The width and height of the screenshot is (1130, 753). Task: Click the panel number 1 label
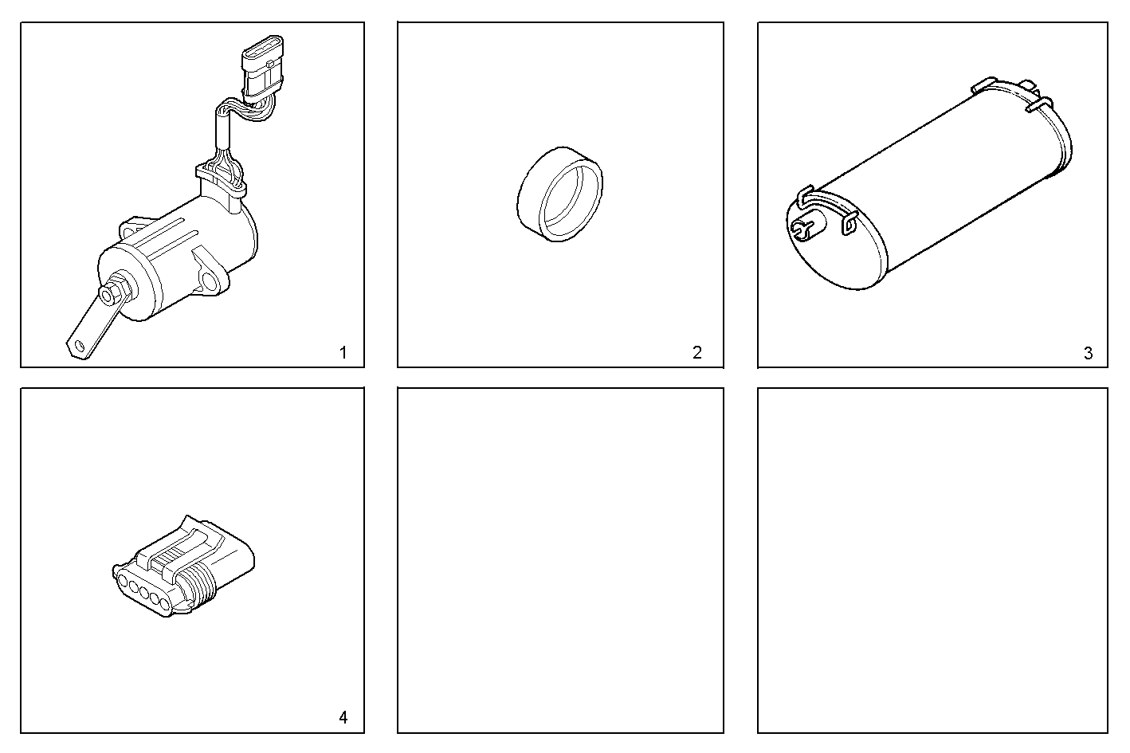(x=343, y=353)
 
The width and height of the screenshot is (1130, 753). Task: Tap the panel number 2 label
(x=697, y=353)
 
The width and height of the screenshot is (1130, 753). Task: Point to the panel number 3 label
(x=1089, y=354)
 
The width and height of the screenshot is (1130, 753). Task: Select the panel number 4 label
(x=343, y=717)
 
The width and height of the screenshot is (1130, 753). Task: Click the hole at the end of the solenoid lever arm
(x=77, y=346)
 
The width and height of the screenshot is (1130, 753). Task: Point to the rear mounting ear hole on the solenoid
(x=128, y=231)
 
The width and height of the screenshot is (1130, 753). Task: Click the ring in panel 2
(x=559, y=194)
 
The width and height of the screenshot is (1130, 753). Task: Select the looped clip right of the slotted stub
(x=847, y=226)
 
